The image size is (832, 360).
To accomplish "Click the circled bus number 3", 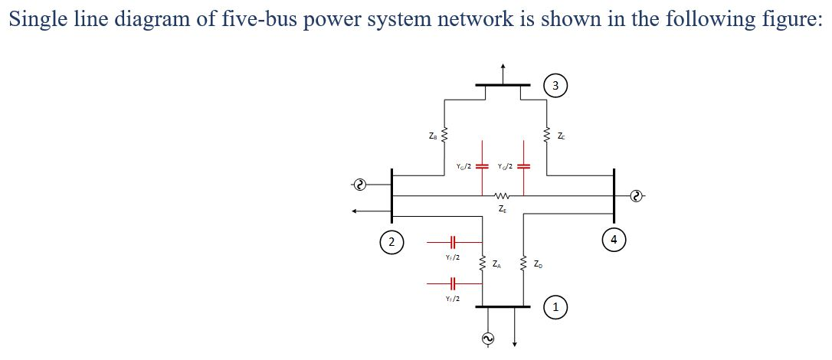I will [555, 85].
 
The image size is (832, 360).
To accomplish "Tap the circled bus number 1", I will [555, 307].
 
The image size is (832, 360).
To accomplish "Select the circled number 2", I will [391, 242].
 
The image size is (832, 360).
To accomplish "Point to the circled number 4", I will [614, 239].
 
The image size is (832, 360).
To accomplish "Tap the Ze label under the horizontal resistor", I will [502, 208].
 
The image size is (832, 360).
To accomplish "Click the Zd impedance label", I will [538, 264].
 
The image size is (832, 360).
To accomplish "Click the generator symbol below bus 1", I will [485, 338].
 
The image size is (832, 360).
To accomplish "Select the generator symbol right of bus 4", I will [635, 196].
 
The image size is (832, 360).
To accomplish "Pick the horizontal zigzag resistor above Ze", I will [503, 195].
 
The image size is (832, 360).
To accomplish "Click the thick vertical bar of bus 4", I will [614, 195].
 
